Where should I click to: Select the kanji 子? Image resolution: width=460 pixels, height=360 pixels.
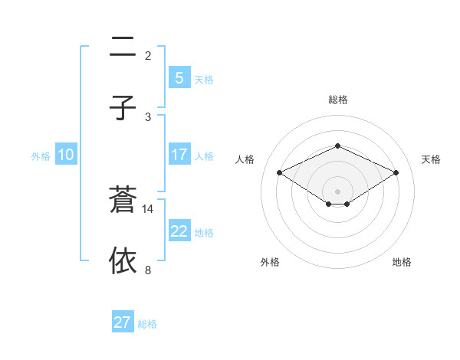pos(123,107)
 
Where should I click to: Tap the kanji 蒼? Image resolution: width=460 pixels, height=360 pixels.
pos(123,199)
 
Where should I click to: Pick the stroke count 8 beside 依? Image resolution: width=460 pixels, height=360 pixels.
pos(148,270)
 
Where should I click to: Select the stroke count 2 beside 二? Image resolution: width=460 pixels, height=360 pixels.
pos(148,56)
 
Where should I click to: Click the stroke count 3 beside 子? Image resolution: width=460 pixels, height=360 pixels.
pos(148,116)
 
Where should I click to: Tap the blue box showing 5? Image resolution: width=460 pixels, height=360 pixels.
pos(179,78)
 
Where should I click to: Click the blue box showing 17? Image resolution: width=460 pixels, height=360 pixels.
pos(179,155)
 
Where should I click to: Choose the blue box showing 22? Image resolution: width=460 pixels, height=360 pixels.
pos(179,231)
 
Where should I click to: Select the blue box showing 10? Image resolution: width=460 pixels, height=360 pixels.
pos(66,155)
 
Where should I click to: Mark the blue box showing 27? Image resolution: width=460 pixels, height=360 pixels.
pos(122,322)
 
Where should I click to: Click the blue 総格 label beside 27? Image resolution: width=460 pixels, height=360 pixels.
pos(147,324)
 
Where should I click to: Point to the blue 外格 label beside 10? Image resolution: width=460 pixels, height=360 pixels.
pos(41,156)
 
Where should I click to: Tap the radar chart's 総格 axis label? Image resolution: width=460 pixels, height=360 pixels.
pos(337,100)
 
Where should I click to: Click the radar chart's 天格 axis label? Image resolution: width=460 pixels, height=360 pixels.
pos(431,159)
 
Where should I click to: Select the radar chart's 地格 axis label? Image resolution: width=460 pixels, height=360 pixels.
pos(402,262)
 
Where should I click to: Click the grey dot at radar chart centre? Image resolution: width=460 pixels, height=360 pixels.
pos(337,191)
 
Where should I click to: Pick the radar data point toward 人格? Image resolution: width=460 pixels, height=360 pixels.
pos(279,172)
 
